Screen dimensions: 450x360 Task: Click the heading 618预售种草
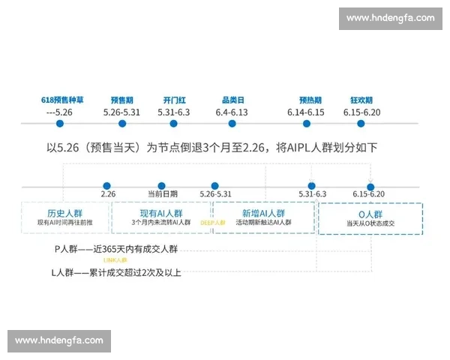[63, 100]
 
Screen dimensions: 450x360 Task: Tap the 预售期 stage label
[121, 100]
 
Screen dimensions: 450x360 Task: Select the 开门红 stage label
[174, 100]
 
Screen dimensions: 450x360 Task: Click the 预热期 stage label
[310, 100]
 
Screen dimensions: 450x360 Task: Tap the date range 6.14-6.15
[306, 112]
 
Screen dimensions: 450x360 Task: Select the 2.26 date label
[108, 194]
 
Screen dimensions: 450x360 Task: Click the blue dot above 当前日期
[161, 185]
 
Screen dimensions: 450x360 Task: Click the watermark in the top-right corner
[390, 17]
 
